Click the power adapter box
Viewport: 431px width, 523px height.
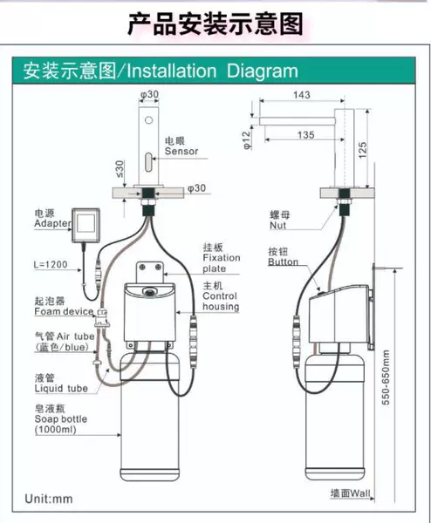click(x=86, y=226)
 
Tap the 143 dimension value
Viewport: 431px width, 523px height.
click(x=302, y=95)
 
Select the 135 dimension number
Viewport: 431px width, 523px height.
click(x=306, y=135)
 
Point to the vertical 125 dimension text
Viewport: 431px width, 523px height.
click(x=362, y=150)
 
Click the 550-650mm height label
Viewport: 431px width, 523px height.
click(x=386, y=377)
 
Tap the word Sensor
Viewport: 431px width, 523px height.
click(x=181, y=151)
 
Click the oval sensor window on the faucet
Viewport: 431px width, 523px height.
click(x=148, y=162)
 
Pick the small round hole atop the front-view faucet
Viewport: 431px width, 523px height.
click(x=148, y=119)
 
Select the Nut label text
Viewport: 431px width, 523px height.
click(x=278, y=226)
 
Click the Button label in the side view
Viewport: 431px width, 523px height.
click(x=283, y=261)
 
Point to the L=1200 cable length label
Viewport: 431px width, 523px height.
click(x=51, y=264)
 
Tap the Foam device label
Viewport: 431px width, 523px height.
click(x=64, y=311)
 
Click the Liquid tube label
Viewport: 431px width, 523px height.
click(x=61, y=388)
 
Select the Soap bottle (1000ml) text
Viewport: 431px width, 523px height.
click(x=61, y=424)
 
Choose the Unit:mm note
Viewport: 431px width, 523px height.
click(x=49, y=499)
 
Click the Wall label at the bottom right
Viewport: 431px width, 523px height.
click(x=360, y=493)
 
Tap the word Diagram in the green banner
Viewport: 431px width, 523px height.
click(x=262, y=71)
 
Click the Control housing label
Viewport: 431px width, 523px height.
click(x=221, y=302)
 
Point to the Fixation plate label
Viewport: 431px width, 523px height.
click(x=222, y=263)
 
